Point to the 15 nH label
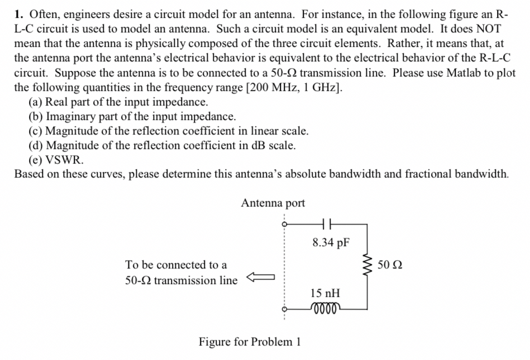point(326,292)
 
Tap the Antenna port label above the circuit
point(273,203)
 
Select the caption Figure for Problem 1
point(250,342)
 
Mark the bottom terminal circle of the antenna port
point(284,309)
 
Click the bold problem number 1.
point(18,14)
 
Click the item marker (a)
point(35,102)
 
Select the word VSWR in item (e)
point(64,160)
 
